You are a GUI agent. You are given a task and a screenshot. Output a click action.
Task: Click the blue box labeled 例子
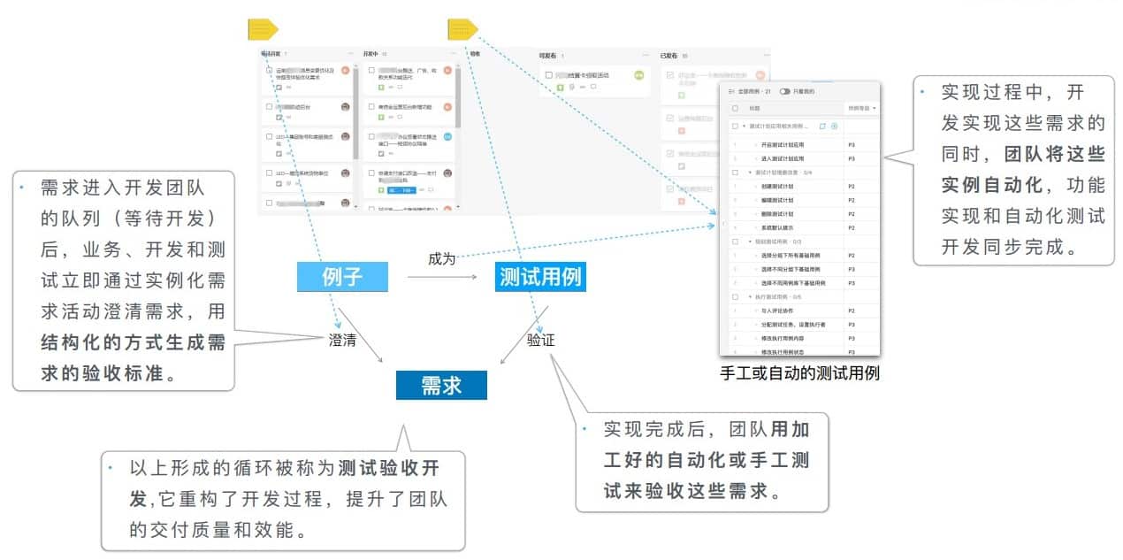point(341,278)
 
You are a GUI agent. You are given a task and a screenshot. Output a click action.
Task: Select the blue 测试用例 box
point(539,278)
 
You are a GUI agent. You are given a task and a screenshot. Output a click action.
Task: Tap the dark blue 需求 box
point(440,385)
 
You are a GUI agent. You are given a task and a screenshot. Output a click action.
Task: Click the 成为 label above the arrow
point(441,258)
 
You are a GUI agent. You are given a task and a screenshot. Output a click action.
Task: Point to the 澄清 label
point(341,340)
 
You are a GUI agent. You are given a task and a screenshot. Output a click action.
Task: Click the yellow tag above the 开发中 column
point(263,30)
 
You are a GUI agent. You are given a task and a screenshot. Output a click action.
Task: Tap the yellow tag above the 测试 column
point(462,30)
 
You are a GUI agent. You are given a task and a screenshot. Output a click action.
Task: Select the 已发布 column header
point(669,56)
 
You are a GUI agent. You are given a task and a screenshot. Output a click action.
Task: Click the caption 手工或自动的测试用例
point(800,373)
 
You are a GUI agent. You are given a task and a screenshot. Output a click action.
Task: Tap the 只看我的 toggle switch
point(784,91)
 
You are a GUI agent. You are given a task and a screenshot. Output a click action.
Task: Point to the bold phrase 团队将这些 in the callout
point(1055,153)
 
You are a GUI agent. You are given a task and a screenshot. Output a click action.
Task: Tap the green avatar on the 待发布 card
point(639,75)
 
